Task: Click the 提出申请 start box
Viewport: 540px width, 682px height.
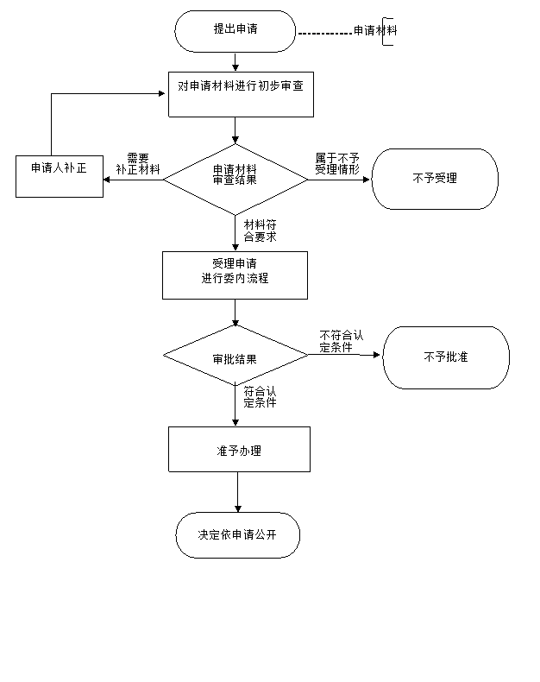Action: (235, 31)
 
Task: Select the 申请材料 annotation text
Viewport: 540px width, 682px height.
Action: (375, 30)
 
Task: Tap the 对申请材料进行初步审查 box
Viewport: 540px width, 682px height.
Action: (241, 94)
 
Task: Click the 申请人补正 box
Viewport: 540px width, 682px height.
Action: (60, 176)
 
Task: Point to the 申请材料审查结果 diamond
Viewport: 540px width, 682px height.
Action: (235, 180)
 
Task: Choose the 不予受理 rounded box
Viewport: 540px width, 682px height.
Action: (435, 179)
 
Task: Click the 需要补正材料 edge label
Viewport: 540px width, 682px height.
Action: (138, 164)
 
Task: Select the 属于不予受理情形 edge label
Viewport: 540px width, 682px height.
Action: (337, 164)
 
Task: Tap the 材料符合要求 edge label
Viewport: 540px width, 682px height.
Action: (260, 230)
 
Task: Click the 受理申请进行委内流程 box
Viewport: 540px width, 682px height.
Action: (235, 275)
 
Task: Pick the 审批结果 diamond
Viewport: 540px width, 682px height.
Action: (235, 356)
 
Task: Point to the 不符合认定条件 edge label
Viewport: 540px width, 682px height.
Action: (342, 341)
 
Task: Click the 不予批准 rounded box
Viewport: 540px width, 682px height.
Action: (446, 357)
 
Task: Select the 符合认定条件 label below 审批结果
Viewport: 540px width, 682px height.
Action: (260, 396)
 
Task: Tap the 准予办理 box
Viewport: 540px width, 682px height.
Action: (239, 449)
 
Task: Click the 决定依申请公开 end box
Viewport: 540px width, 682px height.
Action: (238, 535)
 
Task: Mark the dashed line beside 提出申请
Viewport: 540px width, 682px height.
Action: (325, 33)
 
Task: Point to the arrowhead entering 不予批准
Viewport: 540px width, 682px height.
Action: (376, 355)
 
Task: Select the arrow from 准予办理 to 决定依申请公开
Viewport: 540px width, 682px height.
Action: (238, 492)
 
